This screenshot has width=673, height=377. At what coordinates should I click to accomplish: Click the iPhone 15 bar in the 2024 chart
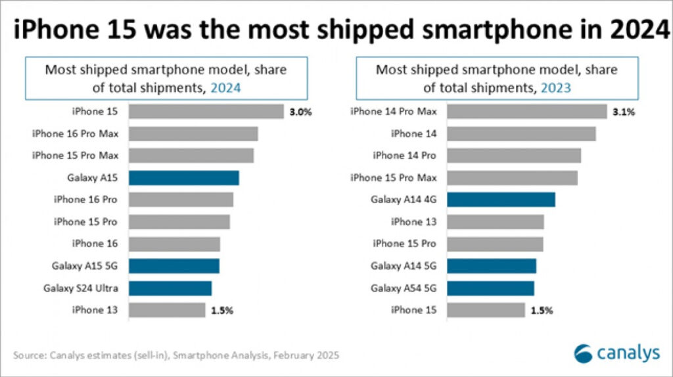click(x=206, y=112)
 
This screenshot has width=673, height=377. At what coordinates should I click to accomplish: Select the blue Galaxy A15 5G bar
click(x=174, y=266)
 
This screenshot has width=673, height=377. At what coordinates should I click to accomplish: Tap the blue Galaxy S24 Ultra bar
click(x=170, y=288)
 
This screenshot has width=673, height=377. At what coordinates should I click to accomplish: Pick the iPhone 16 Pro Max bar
click(x=193, y=134)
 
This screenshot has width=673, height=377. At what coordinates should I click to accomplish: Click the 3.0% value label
click(x=299, y=112)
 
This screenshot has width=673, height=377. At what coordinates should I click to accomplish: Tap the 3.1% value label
click(x=623, y=112)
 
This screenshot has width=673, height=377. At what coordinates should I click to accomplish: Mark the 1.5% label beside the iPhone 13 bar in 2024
click(x=221, y=310)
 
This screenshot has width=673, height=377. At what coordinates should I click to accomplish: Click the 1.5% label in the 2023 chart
click(x=541, y=310)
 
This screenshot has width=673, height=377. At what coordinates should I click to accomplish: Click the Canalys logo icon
click(x=583, y=354)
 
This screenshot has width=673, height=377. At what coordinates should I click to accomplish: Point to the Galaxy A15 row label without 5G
click(x=92, y=178)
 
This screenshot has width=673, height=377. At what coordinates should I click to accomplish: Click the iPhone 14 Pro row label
click(x=405, y=156)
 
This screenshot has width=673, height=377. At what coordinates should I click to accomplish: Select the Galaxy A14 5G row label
click(x=404, y=266)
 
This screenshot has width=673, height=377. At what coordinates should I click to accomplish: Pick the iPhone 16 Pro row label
click(x=85, y=200)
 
